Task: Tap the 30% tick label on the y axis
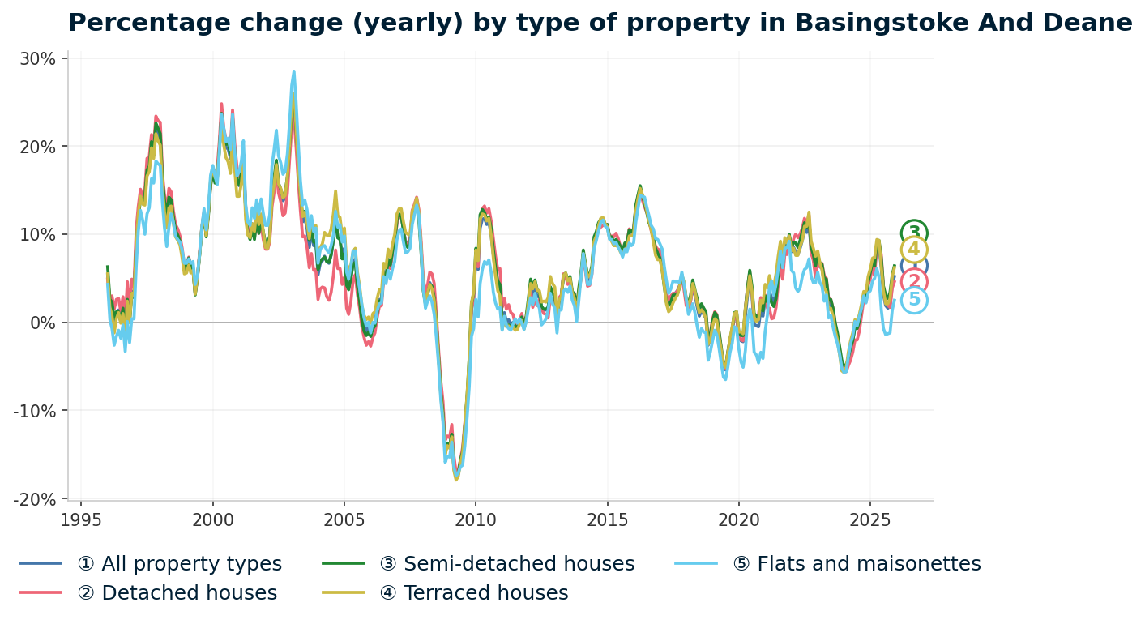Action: coord(37,59)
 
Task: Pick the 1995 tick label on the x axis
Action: coord(81,519)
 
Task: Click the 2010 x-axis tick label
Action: coord(476,519)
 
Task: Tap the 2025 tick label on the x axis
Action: coord(870,519)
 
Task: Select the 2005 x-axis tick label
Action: coord(344,519)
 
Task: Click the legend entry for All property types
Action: coord(179,564)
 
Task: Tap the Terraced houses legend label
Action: coord(485,593)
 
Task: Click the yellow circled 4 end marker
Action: coord(914,250)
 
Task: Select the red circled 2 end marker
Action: coord(914,282)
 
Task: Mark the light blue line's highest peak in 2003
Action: coord(294,71)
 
